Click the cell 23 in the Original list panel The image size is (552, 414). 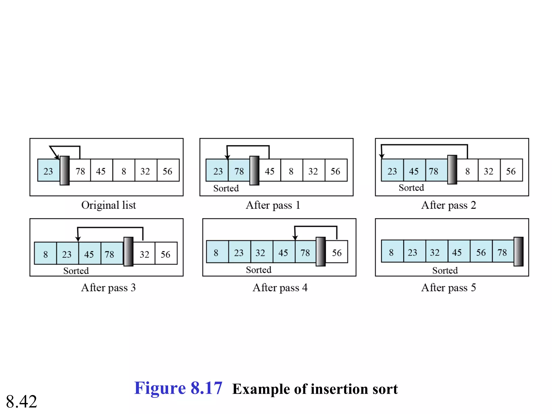click(x=49, y=170)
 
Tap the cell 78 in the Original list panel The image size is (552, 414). click(x=80, y=170)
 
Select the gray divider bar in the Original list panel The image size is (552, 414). click(x=65, y=171)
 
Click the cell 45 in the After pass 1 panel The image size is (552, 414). click(x=270, y=170)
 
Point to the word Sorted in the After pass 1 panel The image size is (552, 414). click(x=226, y=188)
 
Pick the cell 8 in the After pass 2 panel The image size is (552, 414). click(x=467, y=170)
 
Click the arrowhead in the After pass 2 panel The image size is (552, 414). click(x=381, y=156)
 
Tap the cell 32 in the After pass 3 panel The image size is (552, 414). click(x=144, y=253)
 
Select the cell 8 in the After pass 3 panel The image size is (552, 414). click(x=46, y=253)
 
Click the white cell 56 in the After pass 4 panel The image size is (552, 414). click(x=337, y=252)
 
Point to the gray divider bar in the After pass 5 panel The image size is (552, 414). click(x=518, y=252)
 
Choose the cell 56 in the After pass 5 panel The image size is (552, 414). click(x=481, y=252)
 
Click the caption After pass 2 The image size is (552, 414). click(x=448, y=205)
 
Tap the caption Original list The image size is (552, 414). click(x=109, y=205)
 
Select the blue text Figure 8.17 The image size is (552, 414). click(x=178, y=388)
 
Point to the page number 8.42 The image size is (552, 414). click(x=22, y=401)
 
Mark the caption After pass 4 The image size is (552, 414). click(x=280, y=288)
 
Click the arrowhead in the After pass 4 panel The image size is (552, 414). click(x=295, y=238)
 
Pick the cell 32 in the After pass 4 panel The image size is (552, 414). click(x=260, y=252)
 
